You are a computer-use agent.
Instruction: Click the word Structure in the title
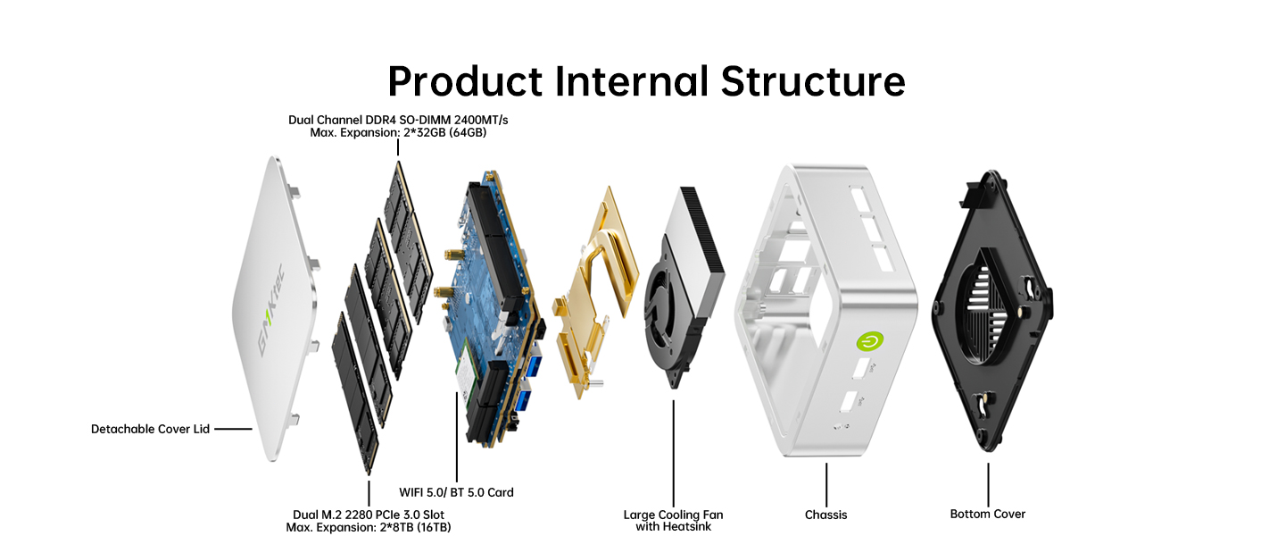tap(813, 81)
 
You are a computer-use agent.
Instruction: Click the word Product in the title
tap(464, 81)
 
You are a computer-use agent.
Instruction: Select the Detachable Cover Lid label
tap(150, 429)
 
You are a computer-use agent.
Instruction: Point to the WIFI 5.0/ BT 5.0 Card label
tap(456, 492)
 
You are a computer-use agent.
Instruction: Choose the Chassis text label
tap(826, 515)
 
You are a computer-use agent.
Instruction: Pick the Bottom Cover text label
tap(987, 514)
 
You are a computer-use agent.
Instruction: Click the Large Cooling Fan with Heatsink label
tap(673, 520)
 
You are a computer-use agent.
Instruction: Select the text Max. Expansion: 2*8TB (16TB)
tap(369, 527)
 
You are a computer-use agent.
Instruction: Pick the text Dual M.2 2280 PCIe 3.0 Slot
tap(369, 515)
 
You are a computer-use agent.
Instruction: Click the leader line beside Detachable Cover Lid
tap(233, 429)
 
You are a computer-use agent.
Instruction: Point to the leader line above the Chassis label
tap(826, 483)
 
